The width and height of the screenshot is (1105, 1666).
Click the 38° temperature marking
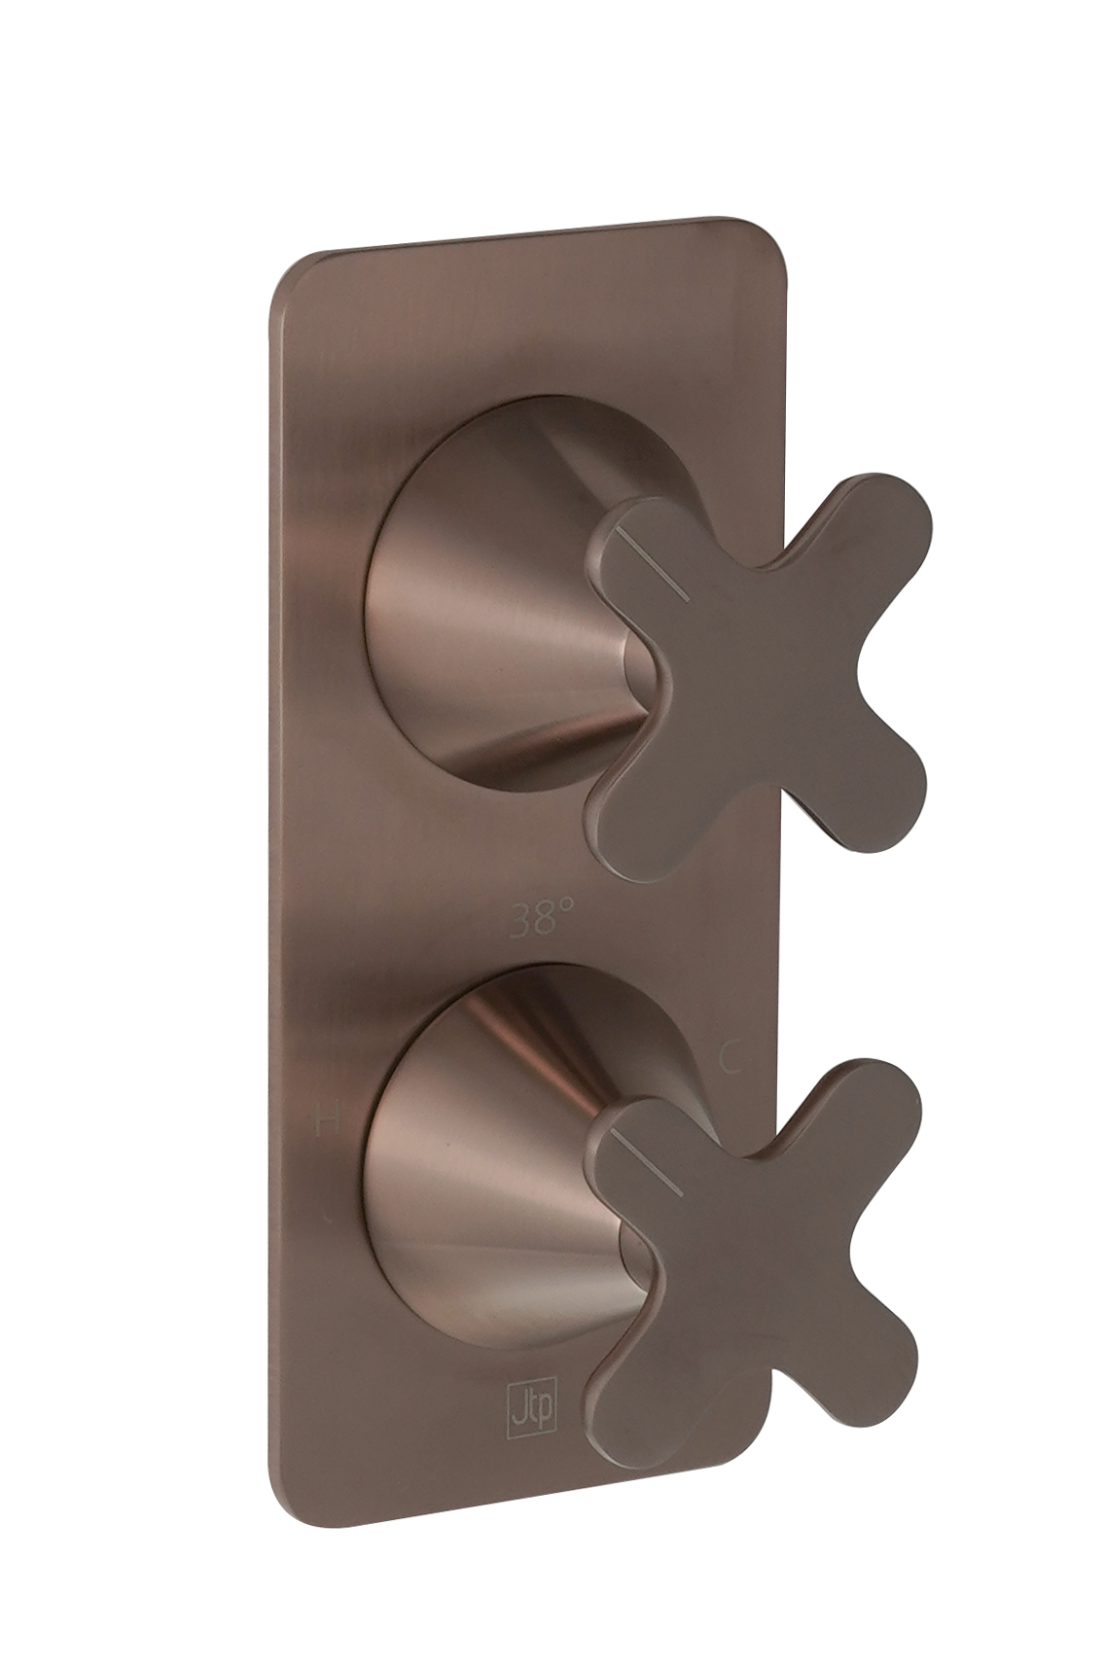click(541, 917)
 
